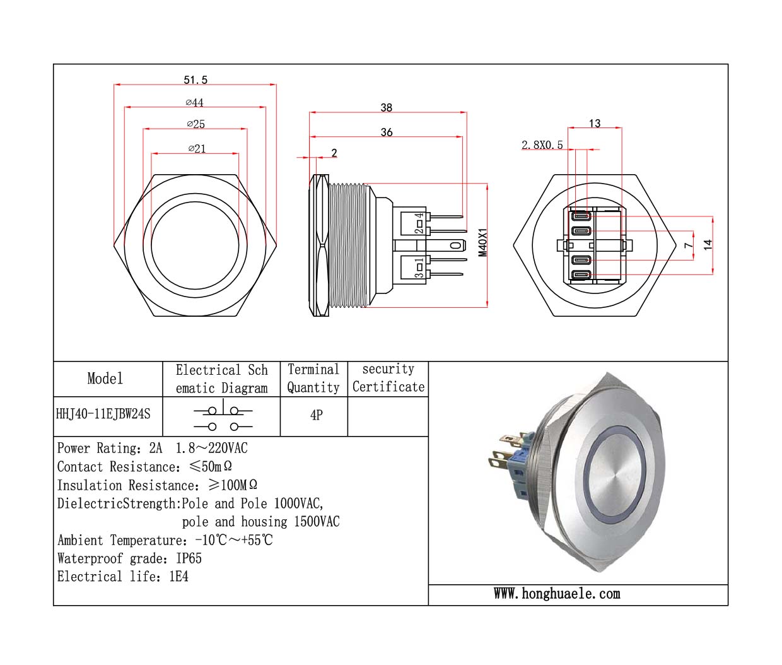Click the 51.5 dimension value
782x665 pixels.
195,80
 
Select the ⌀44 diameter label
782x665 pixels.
195,103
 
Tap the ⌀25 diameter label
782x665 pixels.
196,124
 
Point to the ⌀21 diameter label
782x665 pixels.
197,149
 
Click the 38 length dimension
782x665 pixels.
387,108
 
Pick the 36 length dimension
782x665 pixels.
387,132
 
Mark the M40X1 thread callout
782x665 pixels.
483,242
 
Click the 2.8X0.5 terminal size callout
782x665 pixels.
542,145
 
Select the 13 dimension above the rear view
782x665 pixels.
595,124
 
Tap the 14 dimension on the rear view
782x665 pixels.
708,245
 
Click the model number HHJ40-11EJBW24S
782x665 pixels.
103,415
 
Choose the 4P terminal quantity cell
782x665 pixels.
317,415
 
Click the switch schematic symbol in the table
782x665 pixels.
223,416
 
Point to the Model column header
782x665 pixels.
105,379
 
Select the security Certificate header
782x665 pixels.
388,378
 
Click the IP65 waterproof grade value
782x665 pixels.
189,558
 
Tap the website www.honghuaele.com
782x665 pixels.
557,594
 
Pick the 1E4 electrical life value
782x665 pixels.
179,577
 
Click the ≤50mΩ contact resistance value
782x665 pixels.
211,467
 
